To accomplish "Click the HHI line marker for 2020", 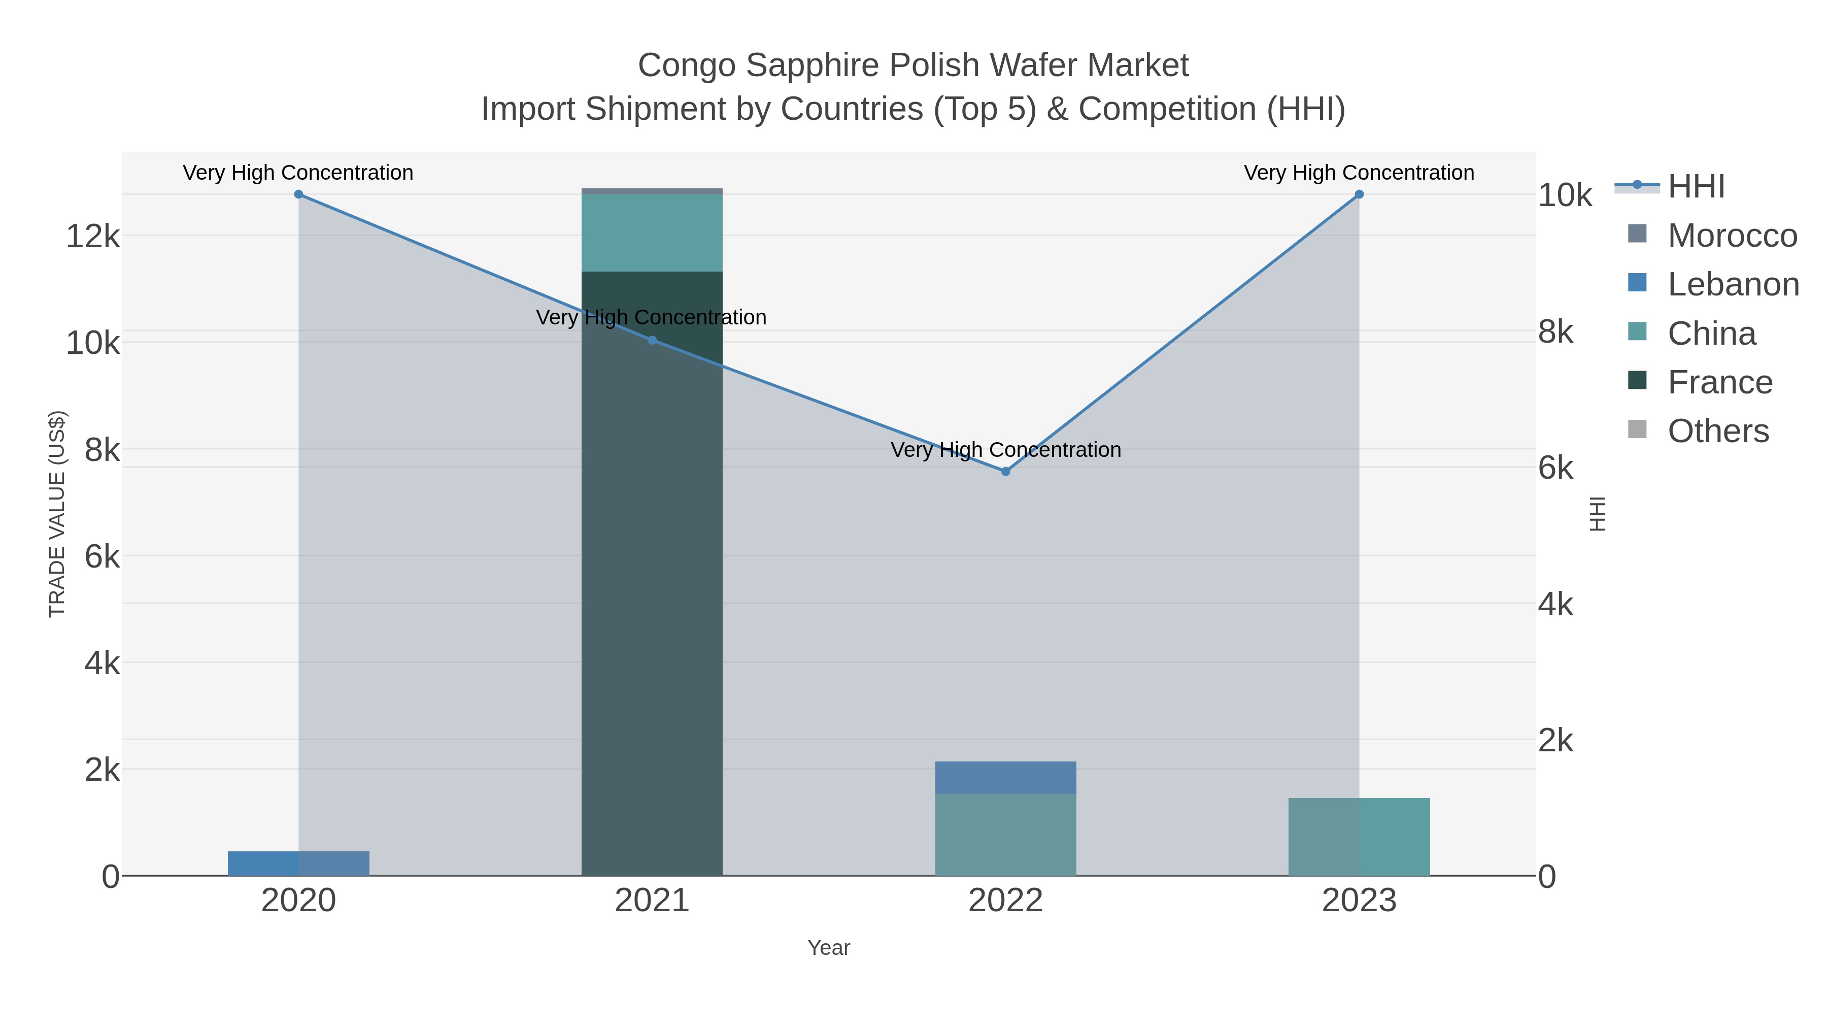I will point(298,194).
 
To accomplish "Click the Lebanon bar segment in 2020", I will point(298,864).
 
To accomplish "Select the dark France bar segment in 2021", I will point(652,568).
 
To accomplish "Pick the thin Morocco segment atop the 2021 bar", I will point(652,191).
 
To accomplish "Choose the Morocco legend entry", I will point(1732,236).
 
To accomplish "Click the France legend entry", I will point(1720,382).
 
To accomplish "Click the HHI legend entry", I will point(1696,187).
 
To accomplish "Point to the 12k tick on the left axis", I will point(93,236).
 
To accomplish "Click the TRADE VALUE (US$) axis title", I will point(57,514).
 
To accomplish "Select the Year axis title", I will point(828,948).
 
